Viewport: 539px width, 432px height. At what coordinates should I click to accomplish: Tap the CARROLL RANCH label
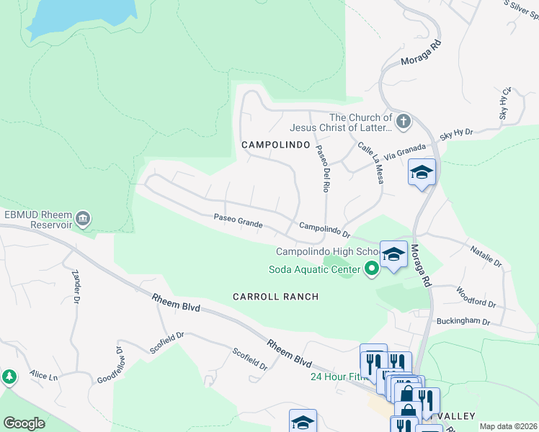coord(275,297)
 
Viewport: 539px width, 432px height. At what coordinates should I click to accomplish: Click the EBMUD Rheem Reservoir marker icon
coord(84,217)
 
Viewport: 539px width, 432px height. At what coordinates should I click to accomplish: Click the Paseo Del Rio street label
coord(321,168)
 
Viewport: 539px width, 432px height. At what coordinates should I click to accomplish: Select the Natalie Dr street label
coord(486,257)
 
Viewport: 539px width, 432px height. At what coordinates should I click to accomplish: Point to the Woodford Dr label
coord(475,297)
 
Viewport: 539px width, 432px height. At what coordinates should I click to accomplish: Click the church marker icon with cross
coord(404,120)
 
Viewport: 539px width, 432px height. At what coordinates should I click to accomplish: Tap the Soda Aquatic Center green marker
coord(372,270)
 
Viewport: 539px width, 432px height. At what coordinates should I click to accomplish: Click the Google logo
coord(24,423)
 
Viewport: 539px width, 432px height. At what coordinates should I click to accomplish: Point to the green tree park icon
coord(9,377)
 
